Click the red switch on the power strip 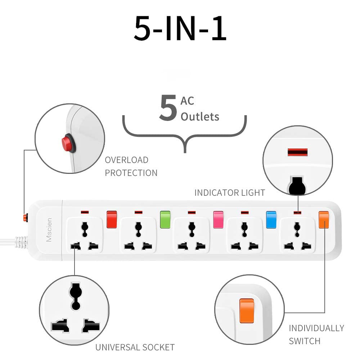[x=112, y=220]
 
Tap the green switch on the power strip [x=165, y=220]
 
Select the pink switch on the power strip [x=218, y=220]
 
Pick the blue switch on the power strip [x=271, y=220]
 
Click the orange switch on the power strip [x=324, y=220]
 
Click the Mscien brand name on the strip [x=49, y=230]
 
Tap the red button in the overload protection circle [x=68, y=144]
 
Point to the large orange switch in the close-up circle [x=247, y=311]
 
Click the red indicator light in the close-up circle [x=298, y=152]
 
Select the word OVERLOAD [x=126, y=160]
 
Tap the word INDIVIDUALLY [x=316, y=328]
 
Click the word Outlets [x=200, y=117]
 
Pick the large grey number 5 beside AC [x=168, y=107]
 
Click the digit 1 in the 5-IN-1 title [x=219, y=28]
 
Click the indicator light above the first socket [x=85, y=212]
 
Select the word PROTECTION [x=131, y=173]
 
